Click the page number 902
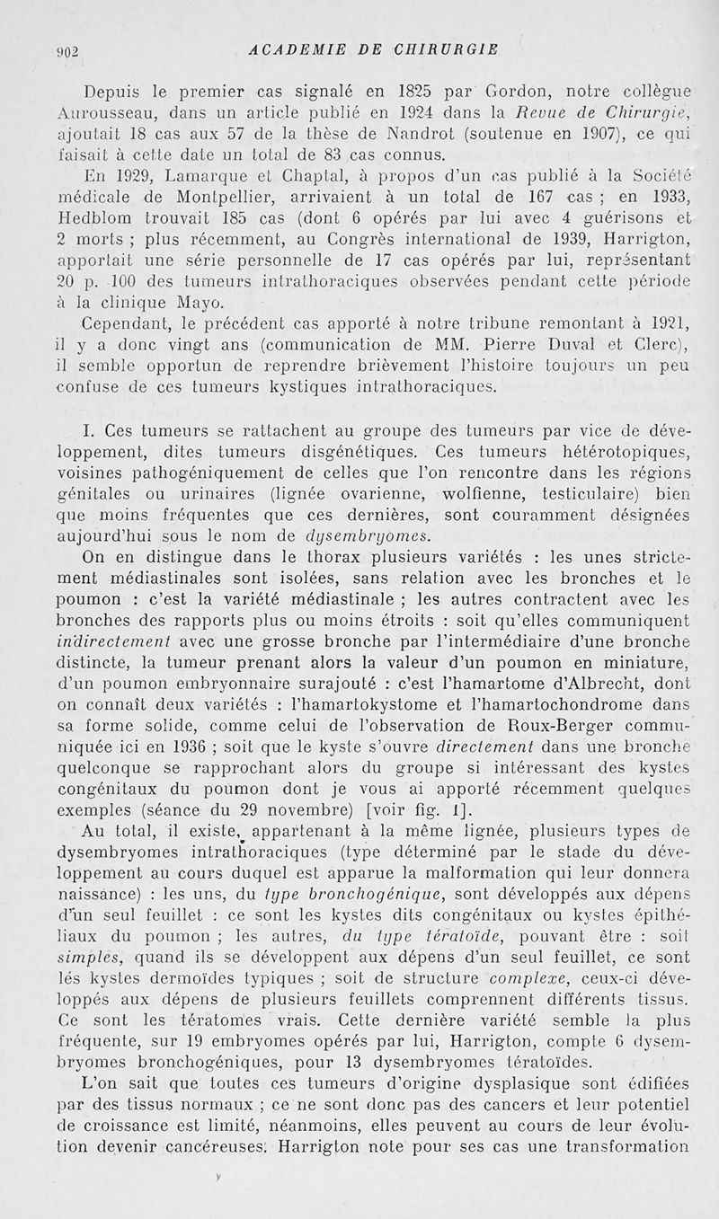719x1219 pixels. [68, 51]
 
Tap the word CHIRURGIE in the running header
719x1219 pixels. [444, 49]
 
